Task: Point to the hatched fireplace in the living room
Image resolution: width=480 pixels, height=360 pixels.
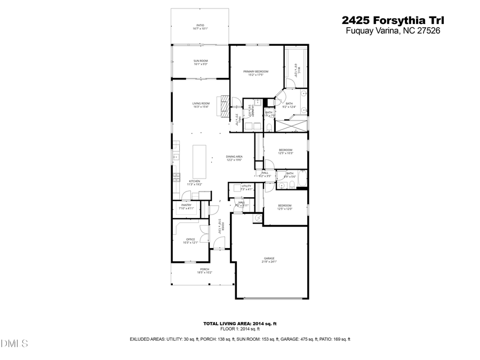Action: coord(224,101)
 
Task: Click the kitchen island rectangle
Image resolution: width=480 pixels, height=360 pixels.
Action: coord(199,161)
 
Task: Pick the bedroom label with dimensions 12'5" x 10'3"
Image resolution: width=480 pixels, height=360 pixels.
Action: coord(285,152)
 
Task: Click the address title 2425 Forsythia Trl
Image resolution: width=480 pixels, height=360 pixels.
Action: coord(393,20)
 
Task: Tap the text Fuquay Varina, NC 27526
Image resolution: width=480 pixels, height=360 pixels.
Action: coord(393,31)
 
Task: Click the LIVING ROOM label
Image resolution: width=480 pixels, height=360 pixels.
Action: coord(201,105)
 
